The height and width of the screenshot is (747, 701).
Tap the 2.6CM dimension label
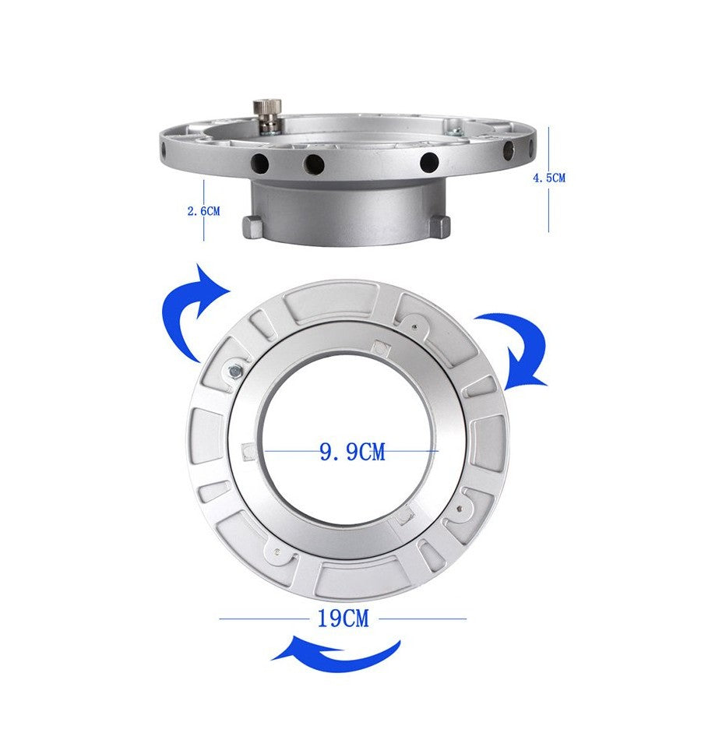click(x=204, y=211)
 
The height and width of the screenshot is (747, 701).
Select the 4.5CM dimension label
click(x=549, y=178)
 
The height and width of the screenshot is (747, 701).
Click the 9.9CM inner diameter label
click(x=352, y=451)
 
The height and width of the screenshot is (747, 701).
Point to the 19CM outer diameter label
click(x=343, y=618)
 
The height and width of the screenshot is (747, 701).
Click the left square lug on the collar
click(x=252, y=227)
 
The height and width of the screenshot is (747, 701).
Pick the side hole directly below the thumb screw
click(x=260, y=164)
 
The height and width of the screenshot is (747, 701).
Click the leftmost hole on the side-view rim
click(x=164, y=152)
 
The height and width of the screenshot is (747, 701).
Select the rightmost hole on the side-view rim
click(x=509, y=151)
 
